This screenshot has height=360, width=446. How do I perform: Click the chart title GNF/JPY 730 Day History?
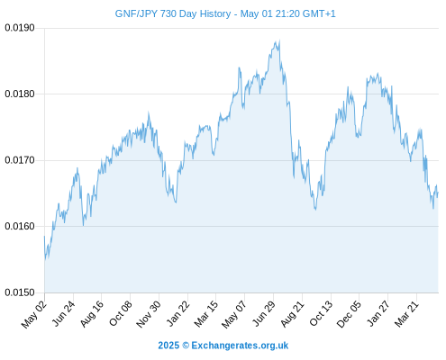click(173, 13)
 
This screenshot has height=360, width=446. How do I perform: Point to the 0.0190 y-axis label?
click(20, 28)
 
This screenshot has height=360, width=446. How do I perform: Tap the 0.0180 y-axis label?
click(20, 94)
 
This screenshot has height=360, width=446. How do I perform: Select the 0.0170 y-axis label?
click(20, 160)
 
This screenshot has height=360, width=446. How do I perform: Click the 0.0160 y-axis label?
click(20, 226)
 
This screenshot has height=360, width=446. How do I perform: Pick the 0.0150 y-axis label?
click(20, 292)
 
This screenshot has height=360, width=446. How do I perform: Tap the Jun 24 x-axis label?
click(63, 313)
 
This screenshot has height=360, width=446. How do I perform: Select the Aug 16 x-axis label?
click(92, 314)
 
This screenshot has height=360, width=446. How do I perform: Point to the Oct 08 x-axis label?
click(120, 314)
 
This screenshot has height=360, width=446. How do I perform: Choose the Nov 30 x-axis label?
click(149, 314)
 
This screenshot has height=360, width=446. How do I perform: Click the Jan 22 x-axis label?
click(177, 313)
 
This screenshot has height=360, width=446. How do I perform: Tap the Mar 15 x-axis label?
click(205, 314)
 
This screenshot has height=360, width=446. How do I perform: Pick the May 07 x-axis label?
click(234, 314)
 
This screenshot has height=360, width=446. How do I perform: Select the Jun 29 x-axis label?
click(264, 313)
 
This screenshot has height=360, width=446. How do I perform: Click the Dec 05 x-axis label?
click(349, 314)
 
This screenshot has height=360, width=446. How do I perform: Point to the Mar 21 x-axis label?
click(406, 314)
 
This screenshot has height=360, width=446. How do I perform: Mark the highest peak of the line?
click(279, 40)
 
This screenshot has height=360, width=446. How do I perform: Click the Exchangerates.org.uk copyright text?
click(223, 346)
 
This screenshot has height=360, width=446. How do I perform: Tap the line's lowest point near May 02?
click(46, 259)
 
